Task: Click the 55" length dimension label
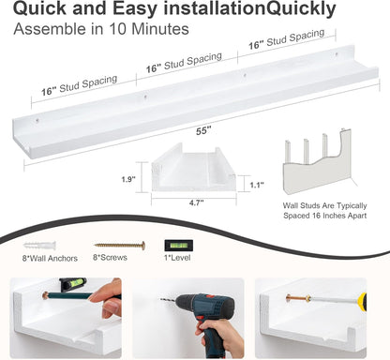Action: pos(203,130)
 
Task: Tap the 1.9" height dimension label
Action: pos(128,179)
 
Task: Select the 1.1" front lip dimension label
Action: pos(257,185)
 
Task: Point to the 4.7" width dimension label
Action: pos(196,202)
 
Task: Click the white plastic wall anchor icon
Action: pos(39,246)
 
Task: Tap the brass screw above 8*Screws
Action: pos(120,246)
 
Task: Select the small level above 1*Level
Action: pos(179,246)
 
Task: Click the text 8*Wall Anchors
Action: pos(50,259)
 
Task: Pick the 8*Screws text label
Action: pos(110,258)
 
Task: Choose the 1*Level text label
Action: pos(177,258)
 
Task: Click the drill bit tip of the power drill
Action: pos(161,300)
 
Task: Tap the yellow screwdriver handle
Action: pos(362,301)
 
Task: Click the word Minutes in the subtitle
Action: pos(160,29)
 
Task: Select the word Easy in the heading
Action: pos(135,8)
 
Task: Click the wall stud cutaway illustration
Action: pos(317,161)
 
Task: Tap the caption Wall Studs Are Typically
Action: pos(324,205)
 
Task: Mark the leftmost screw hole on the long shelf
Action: pos(37,120)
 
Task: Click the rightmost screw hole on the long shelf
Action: pos(337,54)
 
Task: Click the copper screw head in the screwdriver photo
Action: pos(288,299)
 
